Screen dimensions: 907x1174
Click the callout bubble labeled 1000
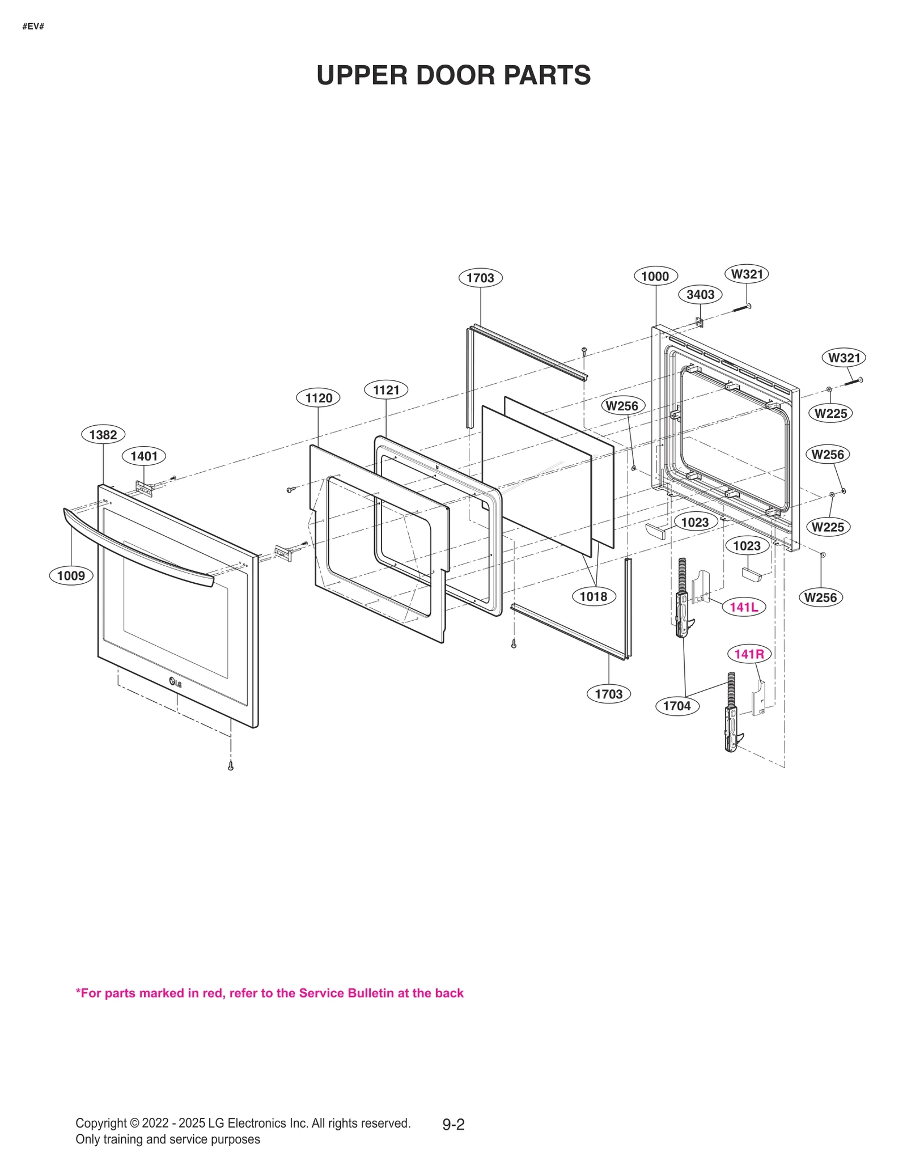(x=655, y=277)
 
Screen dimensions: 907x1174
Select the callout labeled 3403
(x=700, y=295)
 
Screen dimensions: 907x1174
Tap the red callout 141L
(x=743, y=607)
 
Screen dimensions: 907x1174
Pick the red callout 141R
(x=749, y=654)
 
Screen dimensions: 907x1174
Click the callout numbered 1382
(x=103, y=435)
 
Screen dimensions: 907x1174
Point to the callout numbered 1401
(x=144, y=456)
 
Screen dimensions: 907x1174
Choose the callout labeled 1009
(x=71, y=576)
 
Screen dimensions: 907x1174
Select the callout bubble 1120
(x=319, y=398)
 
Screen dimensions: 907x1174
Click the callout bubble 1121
(x=386, y=390)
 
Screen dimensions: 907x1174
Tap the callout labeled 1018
(x=593, y=596)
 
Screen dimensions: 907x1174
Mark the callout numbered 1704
(x=677, y=706)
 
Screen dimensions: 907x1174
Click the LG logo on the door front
(x=176, y=683)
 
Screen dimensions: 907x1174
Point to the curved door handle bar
(x=136, y=550)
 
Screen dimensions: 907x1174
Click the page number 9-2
(x=453, y=1125)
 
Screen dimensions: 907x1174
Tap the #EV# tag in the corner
(x=33, y=27)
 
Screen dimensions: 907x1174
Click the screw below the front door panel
(x=231, y=766)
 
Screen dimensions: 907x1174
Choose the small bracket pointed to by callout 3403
(x=700, y=322)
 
